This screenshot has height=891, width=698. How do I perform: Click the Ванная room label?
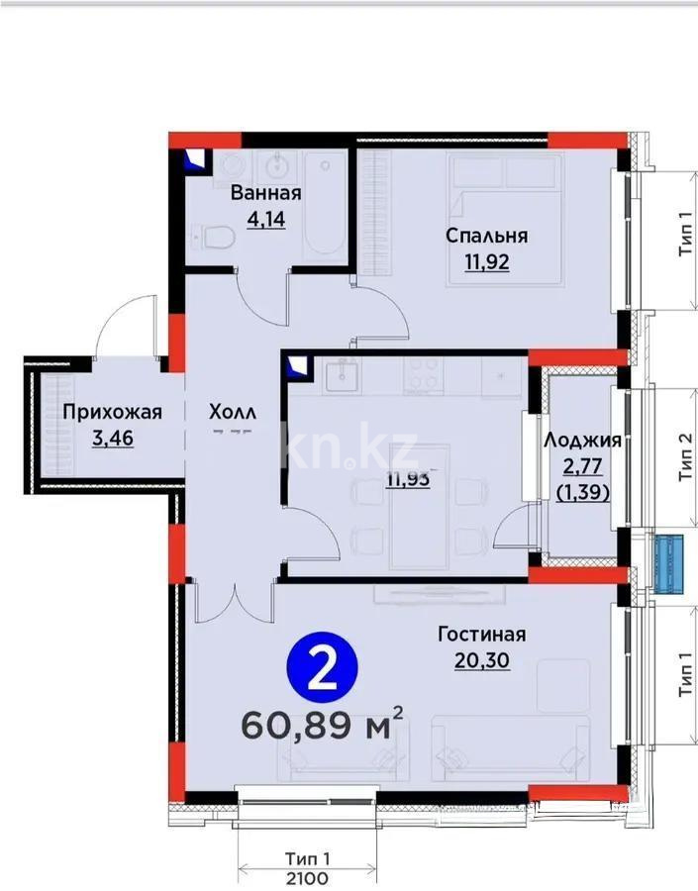[264, 194]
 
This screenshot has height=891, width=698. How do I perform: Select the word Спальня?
[486, 236]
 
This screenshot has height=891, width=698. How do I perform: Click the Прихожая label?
[112, 412]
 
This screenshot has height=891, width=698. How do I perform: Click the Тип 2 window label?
[685, 457]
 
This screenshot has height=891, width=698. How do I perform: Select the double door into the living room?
[234, 597]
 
